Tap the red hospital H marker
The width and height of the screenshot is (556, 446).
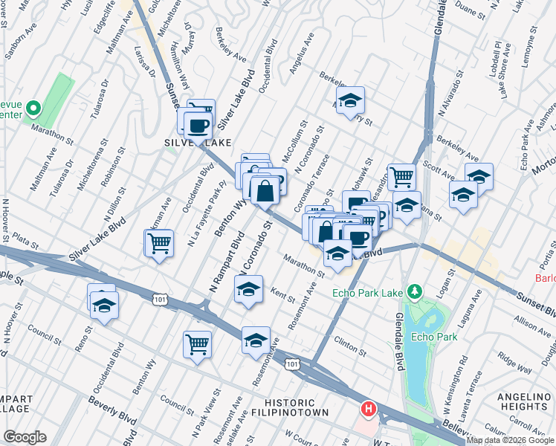pyautogui.click(x=367, y=408)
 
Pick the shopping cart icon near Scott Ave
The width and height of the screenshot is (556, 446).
pyautogui.click(x=401, y=176)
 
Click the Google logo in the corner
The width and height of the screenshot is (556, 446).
pyautogui.click(x=25, y=437)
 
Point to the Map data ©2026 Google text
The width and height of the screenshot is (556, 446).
pyautogui.click(x=510, y=440)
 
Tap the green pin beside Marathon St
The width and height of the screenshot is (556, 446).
pyautogui.click(x=33, y=109)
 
